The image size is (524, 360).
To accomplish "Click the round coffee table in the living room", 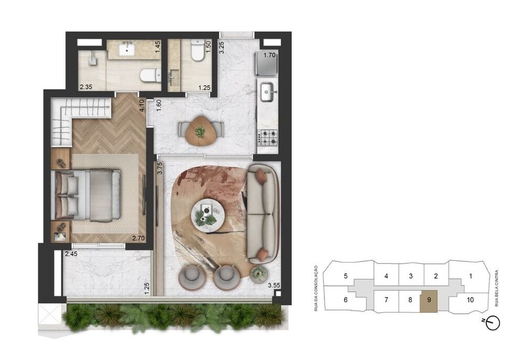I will coord(210,214).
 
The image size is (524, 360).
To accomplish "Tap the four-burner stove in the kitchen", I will coord(269,138).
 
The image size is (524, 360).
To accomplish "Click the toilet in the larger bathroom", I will coord(149,75).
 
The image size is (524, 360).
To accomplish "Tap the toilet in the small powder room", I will coord(198,52).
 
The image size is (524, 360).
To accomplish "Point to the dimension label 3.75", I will coord(159,169).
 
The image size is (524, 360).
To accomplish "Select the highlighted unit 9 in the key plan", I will coord(429,301).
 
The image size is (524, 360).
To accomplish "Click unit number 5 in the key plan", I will coord(346,276).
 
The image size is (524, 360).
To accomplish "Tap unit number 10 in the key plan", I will coord(470,300).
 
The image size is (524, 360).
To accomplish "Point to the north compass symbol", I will coord(493,323).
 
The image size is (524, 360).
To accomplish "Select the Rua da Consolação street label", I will coord(316,288).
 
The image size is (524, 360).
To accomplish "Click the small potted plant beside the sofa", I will coord(259,274).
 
